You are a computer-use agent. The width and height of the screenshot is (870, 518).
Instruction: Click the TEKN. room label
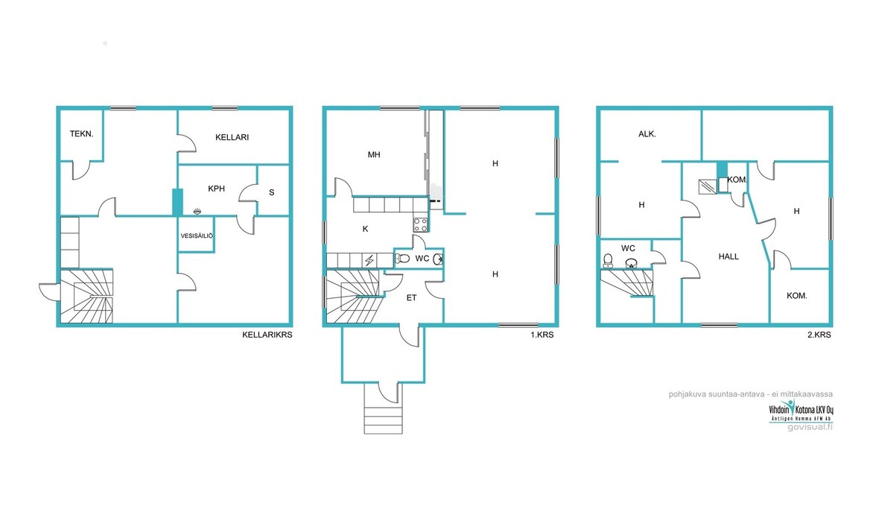point(82,134)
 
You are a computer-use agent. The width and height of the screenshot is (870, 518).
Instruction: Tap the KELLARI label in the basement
point(232,137)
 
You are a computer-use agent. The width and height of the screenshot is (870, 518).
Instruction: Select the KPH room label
point(217,189)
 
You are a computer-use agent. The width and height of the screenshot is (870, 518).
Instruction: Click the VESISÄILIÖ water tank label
point(197,236)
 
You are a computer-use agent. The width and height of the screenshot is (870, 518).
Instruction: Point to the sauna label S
point(271,192)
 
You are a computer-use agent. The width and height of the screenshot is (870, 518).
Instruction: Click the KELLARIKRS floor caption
point(267,335)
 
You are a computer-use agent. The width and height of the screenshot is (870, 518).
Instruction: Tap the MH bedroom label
point(374,155)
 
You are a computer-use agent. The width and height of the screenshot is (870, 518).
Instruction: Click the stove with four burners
point(421,225)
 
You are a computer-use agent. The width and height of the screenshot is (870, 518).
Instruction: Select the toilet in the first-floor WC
point(402,258)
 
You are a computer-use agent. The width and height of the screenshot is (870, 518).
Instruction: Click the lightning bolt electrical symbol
point(369,260)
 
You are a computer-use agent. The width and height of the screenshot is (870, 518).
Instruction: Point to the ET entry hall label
point(411,298)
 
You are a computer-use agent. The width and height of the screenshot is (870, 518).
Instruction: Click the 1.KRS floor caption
point(542,335)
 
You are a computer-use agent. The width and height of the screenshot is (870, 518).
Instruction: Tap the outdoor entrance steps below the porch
point(384,417)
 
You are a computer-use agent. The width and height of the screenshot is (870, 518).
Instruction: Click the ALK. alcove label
point(647,134)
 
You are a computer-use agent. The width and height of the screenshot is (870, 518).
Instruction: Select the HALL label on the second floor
point(728,256)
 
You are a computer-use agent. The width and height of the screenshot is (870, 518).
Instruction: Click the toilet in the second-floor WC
point(608,260)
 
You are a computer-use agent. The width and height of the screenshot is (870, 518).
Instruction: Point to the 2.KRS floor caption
point(819,335)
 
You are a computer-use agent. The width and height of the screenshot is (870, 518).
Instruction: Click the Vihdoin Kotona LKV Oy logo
point(801,410)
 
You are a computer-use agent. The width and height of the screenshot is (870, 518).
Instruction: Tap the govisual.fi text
point(810,427)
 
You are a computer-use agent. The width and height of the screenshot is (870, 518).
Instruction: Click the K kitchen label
point(365,229)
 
